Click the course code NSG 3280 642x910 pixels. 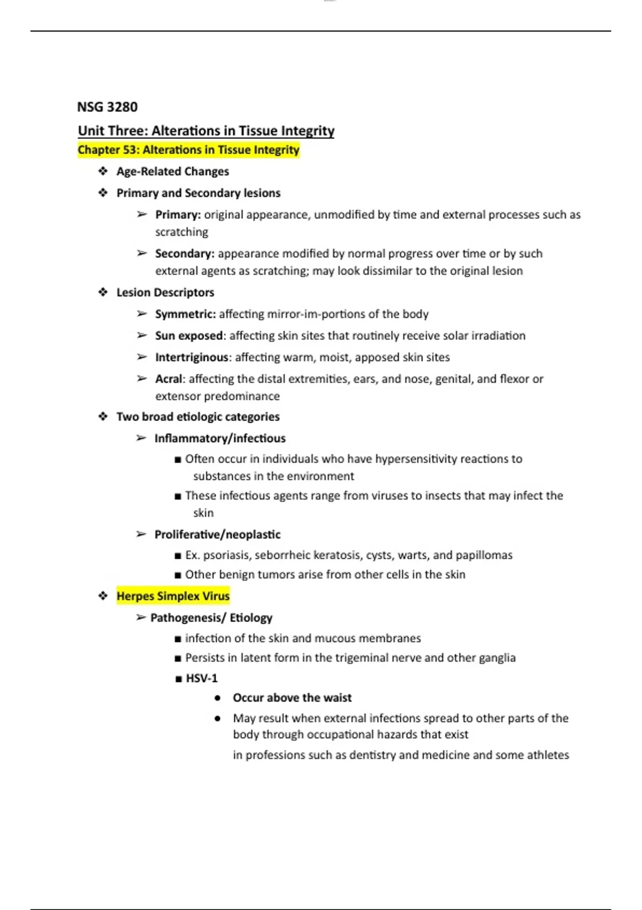(107, 107)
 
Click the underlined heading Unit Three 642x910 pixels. (206, 131)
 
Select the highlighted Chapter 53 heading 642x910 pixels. (188, 150)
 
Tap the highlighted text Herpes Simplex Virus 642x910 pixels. (173, 596)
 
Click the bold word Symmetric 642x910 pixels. (185, 314)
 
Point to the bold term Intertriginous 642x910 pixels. (192, 357)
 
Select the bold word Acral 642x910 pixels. (169, 379)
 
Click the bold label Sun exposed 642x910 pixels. (188, 336)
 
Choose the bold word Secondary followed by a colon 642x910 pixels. (185, 253)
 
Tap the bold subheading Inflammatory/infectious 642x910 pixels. (220, 438)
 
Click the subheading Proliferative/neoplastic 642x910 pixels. (217, 534)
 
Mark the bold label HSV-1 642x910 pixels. (201, 678)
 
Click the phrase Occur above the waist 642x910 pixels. (292, 698)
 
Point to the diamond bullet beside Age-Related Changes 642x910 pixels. (103, 171)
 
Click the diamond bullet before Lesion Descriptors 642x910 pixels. (103, 292)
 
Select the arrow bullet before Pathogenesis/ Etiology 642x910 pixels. (141, 618)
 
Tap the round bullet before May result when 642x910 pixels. (217, 718)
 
